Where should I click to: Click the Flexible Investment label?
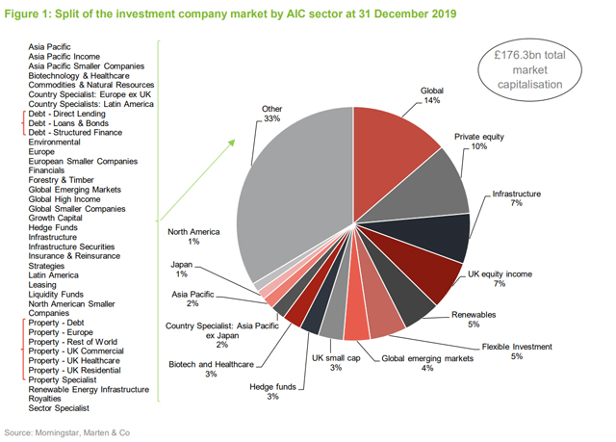tap(515, 350)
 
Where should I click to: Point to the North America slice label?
tap(193, 237)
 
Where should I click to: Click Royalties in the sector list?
tap(46, 399)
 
